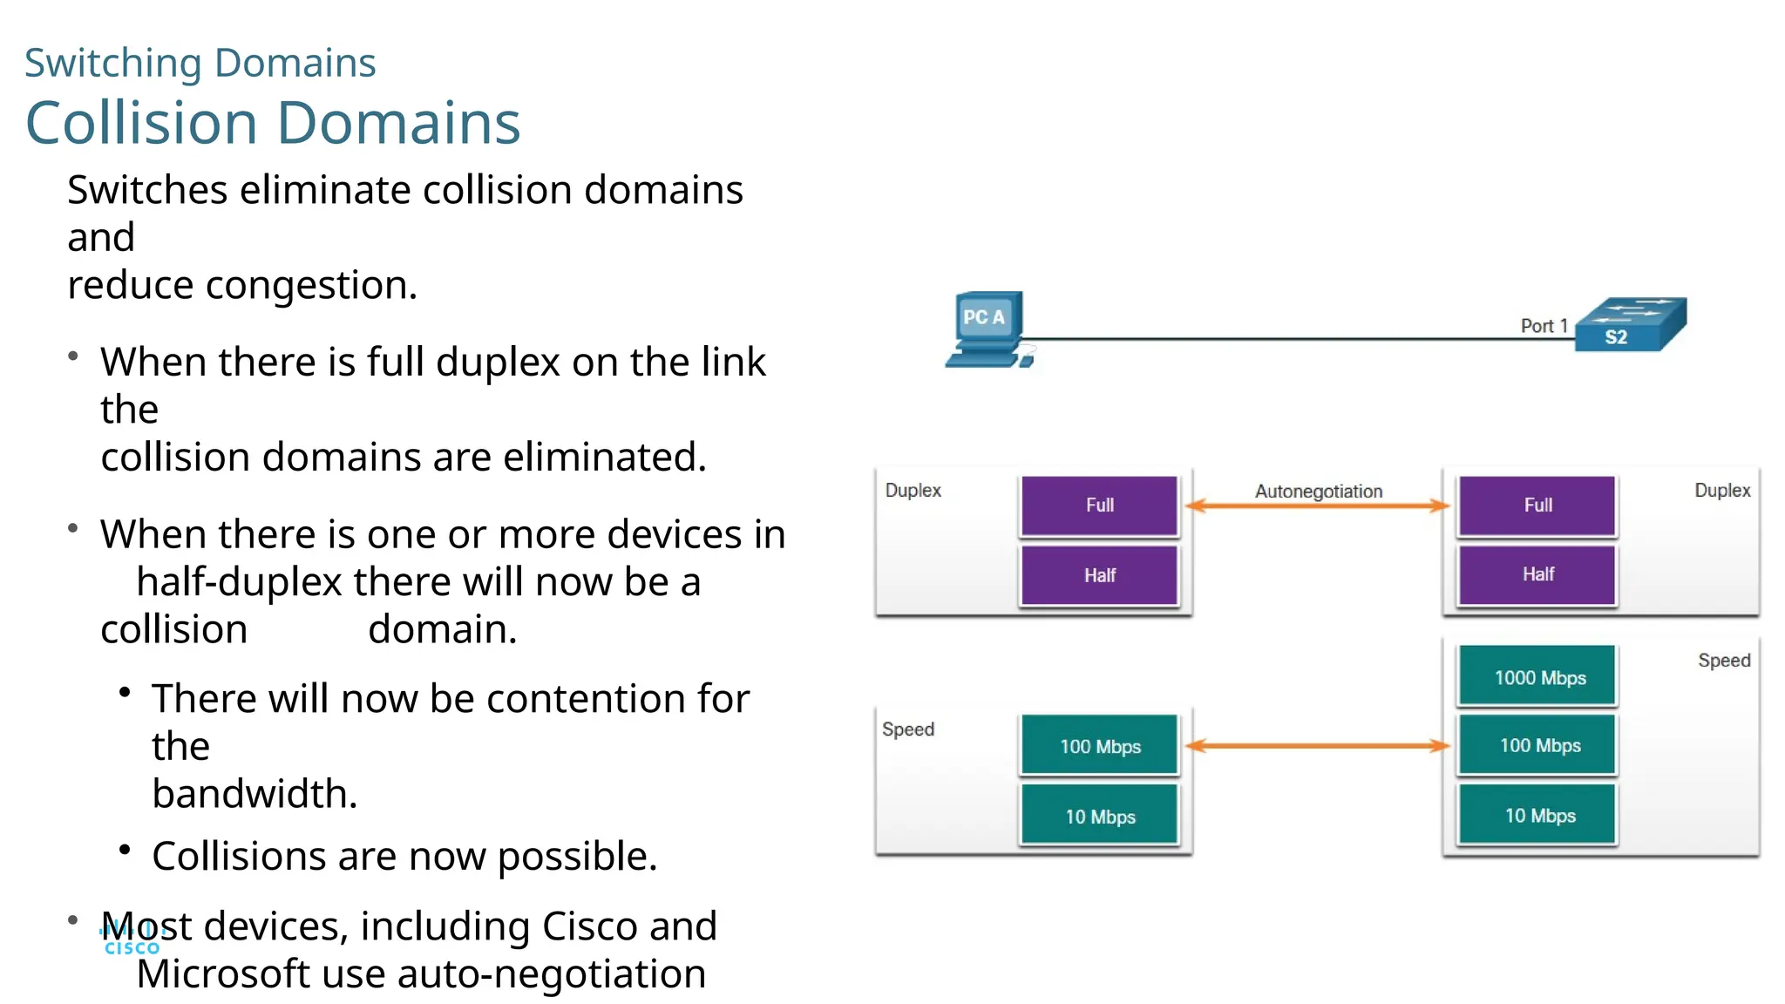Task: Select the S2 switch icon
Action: (x=1631, y=326)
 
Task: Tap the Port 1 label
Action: (x=1544, y=326)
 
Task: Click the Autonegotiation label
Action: (x=1318, y=492)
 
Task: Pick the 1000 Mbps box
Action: (x=1538, y=677)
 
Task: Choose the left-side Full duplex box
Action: (x=1099, y=505)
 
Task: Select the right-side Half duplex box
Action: (x=1537, y=574)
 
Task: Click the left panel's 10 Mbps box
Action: (x=1099, y=817)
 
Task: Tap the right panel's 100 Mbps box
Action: (x=1538, y=746)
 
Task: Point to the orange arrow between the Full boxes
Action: (x=1318, y=506)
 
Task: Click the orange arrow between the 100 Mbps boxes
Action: (x=1318, y=746)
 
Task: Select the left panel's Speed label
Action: (x=907, y=729)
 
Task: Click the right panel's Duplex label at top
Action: (x=1721, y=491)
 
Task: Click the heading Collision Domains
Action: (x=273, y=123)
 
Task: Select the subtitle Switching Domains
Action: (x=200, y=63)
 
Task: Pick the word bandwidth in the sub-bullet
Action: (x=254, y=794)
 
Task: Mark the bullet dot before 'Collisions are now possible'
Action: (x=125, y=849)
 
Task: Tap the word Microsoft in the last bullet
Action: (x=223, y=974)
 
